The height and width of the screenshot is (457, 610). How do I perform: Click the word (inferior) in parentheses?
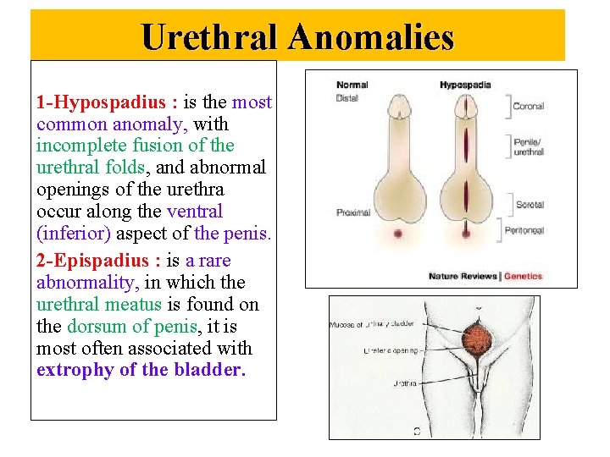tap(71, 233)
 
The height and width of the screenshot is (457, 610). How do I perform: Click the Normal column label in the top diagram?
tap(352, 85)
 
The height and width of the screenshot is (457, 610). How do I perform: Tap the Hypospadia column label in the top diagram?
tap(465, 85)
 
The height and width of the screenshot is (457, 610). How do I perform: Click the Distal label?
tap(347, 98)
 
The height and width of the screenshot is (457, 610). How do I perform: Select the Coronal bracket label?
tap(529, 107)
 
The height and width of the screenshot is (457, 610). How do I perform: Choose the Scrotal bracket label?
tap(530, 204)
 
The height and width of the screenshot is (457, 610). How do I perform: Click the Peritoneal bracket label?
tap(531, 230)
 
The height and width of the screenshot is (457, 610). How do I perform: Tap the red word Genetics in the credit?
tap(524, 276)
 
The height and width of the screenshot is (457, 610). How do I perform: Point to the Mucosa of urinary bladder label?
tap(371, 324)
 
